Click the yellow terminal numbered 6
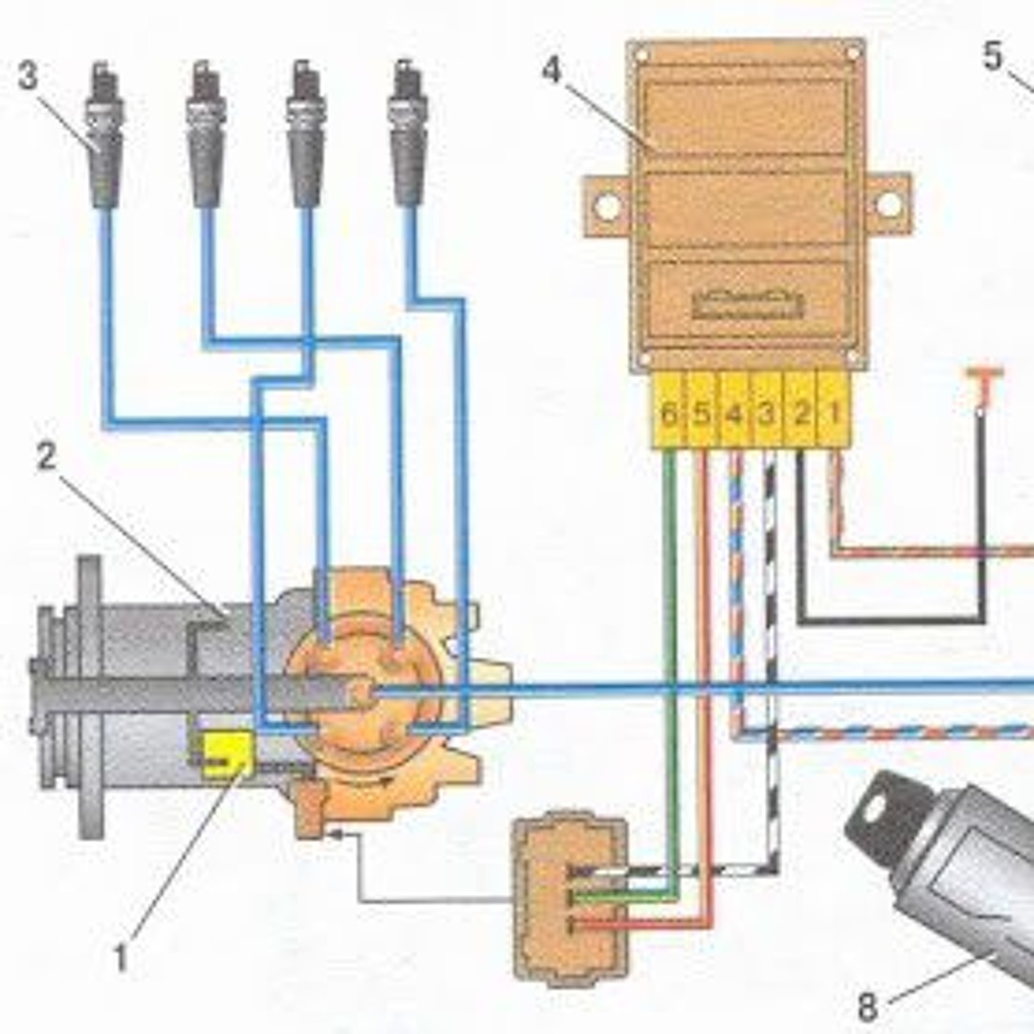click(668, 415)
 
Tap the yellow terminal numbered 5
click(702, 415)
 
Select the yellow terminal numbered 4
click(734, 415)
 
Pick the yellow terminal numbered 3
click(767, 415)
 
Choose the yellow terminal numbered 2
click(801, 415)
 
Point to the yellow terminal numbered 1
click(834, 415)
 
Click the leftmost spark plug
click(104, 134)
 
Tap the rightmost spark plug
click(408, 134)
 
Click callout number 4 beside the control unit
click(552, 71)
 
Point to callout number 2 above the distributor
click(46, 458)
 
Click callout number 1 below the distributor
click(122, 957)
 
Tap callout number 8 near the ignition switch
click(867, 1006)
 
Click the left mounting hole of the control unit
click(607, 205)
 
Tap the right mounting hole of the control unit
click(888, 204)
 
